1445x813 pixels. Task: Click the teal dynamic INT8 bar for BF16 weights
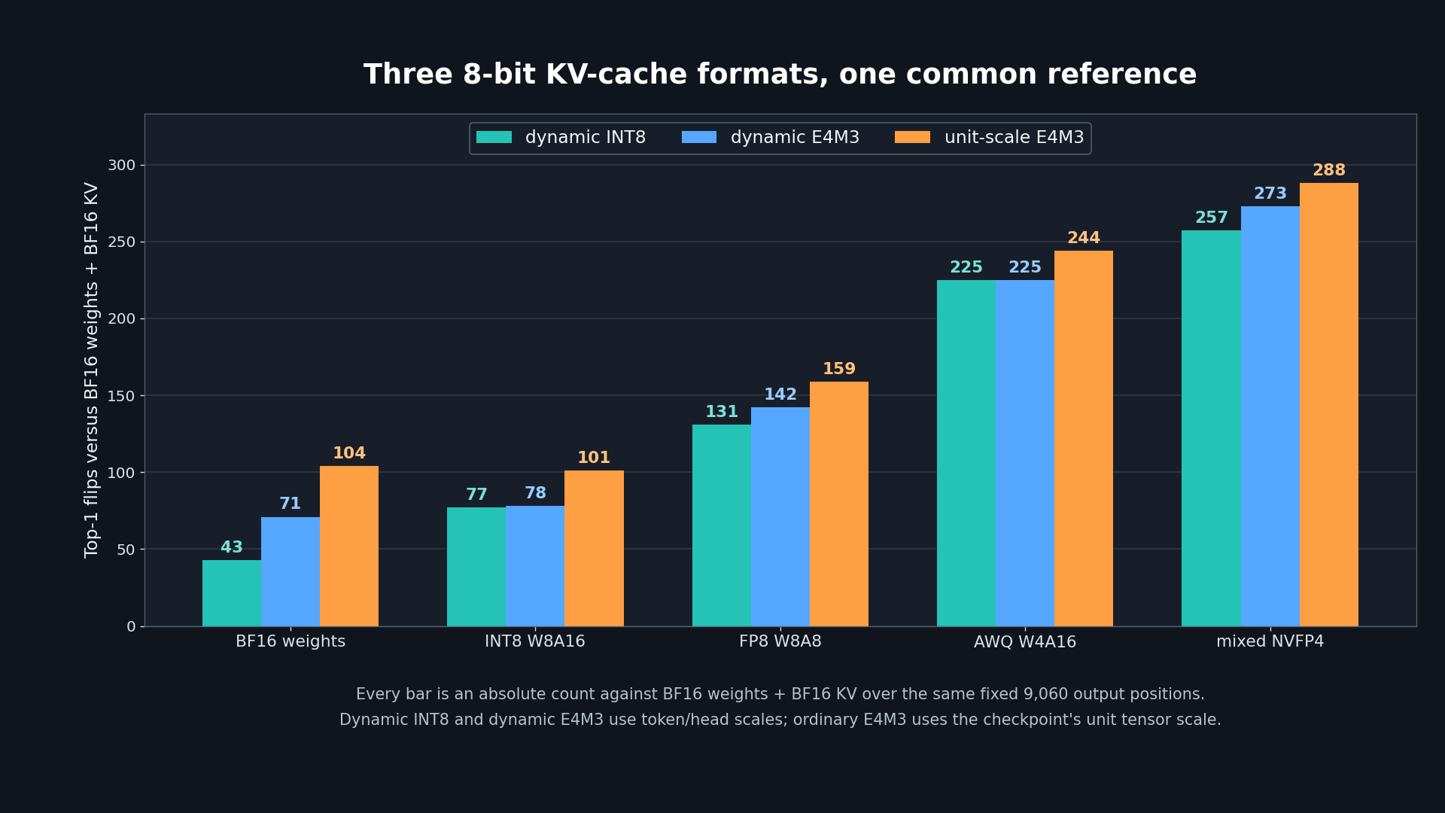pos(232,593)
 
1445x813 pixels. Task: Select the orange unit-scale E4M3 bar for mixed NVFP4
pos(1329,404)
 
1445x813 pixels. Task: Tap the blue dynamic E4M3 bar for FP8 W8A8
pos(780,516)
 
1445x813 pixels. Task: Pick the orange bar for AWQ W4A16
pos(1084,438)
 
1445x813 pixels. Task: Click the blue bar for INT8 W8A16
pos(535,566)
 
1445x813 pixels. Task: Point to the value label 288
pos(1329,171)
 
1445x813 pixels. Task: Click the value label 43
pos(232,548)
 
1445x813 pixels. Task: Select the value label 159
pos(839,370)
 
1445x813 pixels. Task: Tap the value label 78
pos(535,494)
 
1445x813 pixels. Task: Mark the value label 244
pos(1084,239)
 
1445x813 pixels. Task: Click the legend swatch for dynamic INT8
pos(494,137)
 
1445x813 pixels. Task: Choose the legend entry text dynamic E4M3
pos(795,138)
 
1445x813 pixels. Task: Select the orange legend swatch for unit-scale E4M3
pos(912,137)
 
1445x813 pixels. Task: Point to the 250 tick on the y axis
pos(121,242)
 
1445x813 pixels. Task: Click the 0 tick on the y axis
pos(131,627)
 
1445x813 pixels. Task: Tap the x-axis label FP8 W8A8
pos(780,642)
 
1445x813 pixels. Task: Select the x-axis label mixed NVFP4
pos(1270,642)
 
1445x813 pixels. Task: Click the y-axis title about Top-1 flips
pos(92,370)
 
